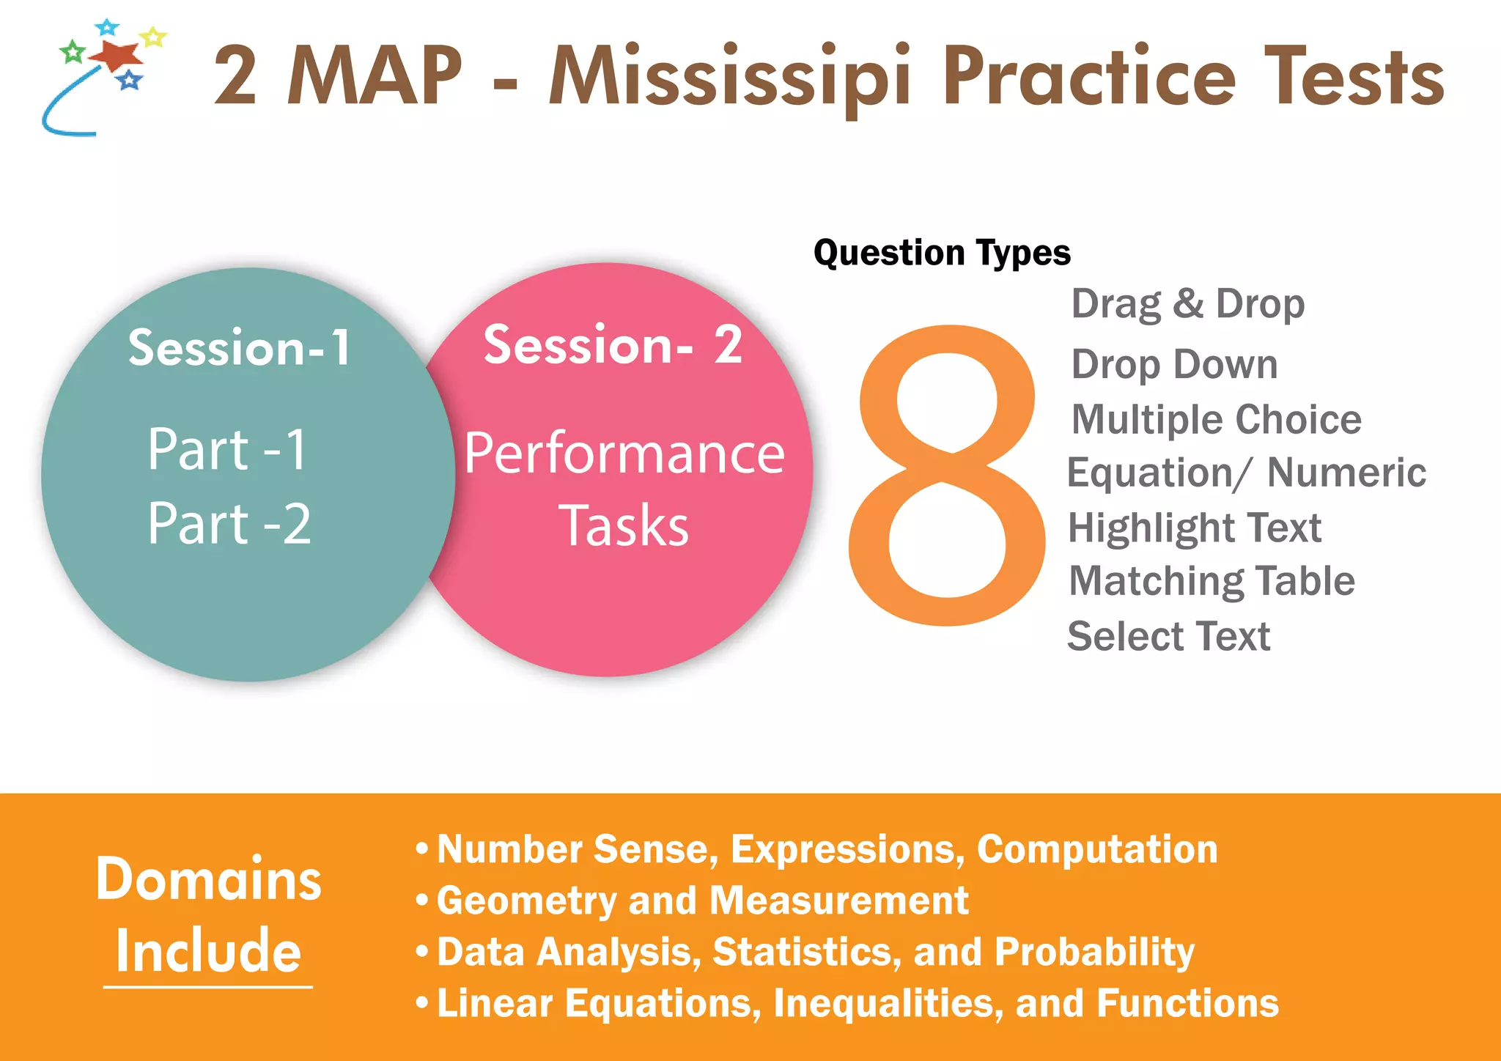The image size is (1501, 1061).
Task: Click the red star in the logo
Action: pos(117,54)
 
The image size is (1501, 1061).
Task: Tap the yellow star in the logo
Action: pos(153,36)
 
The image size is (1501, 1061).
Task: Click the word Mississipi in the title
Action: pos(729,77)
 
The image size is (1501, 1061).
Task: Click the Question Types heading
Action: pos(942,253)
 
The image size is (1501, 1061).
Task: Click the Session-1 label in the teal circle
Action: pos(240,347)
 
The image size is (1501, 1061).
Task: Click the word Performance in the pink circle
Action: pos(624,454)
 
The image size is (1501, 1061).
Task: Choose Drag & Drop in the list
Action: pos(1187,303)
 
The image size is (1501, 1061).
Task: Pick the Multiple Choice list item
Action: pos(1216,419)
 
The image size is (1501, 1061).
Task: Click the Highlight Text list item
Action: pos(1195,528)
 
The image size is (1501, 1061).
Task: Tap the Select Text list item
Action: pos(1168,635)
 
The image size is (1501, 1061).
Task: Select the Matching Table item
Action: pos(1212,581)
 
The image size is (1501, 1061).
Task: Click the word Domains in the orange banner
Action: pos(209,879)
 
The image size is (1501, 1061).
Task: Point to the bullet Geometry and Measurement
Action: pos(702,901)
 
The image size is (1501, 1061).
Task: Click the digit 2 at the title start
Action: pos(235,76)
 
